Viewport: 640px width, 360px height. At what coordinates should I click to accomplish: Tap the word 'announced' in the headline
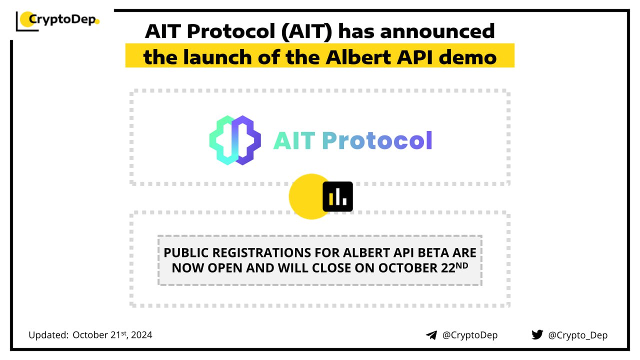coord(437,31)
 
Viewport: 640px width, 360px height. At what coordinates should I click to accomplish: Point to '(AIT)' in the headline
coord(306,31)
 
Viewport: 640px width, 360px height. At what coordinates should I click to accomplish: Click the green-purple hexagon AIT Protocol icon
coord(235,140)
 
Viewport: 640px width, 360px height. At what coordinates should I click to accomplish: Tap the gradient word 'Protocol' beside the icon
coord(377,140)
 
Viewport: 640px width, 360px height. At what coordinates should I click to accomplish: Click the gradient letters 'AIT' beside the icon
coord(294,140)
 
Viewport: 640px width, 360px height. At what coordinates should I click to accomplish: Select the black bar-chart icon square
coord(337,196)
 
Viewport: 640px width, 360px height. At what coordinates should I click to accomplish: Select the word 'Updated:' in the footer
coord(48,335)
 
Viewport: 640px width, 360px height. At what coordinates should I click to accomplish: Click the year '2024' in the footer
coord(141,335)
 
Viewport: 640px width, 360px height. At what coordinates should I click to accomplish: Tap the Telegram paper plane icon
coord(431,335)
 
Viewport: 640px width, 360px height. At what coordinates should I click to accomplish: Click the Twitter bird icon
coord(537,334)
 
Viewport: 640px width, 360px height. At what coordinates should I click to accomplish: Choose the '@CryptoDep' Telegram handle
coord(470,335)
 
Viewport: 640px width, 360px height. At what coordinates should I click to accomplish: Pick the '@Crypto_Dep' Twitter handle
coord(577,335)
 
